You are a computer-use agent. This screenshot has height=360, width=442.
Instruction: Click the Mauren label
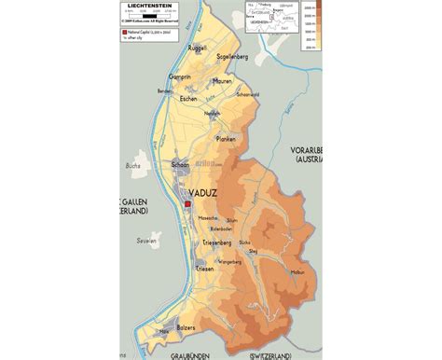[x=221, y=81]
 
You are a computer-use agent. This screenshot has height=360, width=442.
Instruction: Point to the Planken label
[x=227, y=138]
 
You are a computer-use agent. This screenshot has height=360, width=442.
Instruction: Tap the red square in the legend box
[x=122, y=33]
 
